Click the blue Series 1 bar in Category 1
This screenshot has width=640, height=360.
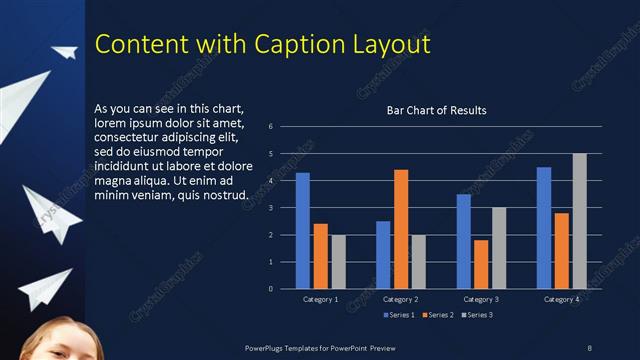(x=303, y=231)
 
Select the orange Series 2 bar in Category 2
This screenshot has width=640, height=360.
(x=400, y=229)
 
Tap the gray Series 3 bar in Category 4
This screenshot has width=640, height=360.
(x=579, y=221)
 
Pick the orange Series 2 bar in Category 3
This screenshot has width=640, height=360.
(x=481, y=264)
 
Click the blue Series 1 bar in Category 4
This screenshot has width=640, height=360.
(x=543, y=228)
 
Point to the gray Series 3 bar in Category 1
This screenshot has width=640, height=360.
(x=338, y=262)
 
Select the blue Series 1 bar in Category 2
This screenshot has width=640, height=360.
(x=383, y=255)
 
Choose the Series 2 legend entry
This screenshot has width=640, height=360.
(x=440, y=315)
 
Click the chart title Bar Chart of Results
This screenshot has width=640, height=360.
(x=436, y=110)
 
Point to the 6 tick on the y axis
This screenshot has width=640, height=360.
(x=271, y=127)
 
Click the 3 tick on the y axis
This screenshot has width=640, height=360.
(x=271, y=208)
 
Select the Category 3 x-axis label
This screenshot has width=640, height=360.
(x=480, y=299)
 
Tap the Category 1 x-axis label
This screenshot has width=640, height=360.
(x=320, y=299)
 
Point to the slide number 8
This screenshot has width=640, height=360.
(x=589, y=347)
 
